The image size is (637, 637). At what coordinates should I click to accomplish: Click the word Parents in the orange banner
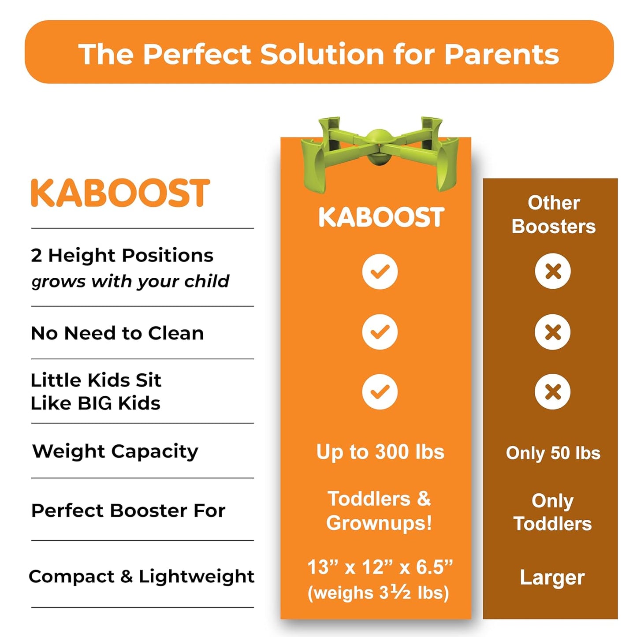501,54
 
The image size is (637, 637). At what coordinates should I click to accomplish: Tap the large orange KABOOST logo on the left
120,193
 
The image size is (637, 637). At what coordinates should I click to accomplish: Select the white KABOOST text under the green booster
381,217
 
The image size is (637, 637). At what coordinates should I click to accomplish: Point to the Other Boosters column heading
553,214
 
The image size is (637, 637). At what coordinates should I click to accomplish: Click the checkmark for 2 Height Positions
380,272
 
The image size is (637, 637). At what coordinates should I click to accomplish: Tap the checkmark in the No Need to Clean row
380,332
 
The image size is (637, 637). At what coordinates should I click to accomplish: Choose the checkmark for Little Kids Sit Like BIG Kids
380,391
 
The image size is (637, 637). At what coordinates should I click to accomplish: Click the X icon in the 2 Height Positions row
553,271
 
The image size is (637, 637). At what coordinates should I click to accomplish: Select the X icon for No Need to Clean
553,332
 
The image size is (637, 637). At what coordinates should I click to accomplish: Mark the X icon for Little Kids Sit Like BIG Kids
553,391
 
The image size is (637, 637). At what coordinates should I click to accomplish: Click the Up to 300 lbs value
380,452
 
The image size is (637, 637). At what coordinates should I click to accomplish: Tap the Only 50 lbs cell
553,453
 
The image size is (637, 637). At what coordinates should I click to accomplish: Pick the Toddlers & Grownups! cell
379,511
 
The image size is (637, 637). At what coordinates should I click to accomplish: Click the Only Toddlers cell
552,512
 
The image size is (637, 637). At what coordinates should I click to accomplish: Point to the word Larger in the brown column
552,577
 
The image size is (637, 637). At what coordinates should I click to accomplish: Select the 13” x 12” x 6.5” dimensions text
380,567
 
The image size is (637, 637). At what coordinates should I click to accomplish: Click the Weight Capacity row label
115,451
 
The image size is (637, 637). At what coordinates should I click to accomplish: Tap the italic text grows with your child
130,281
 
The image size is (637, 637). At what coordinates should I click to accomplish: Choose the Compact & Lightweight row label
142,577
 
